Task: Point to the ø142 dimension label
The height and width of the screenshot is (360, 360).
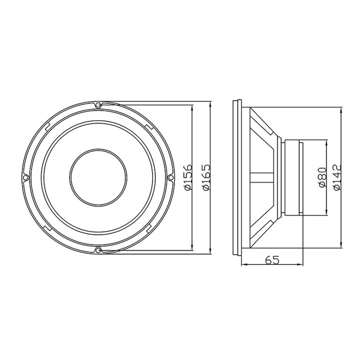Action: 337,177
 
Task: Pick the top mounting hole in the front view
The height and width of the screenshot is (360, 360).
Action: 98,104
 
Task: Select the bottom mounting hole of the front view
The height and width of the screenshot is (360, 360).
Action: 98,249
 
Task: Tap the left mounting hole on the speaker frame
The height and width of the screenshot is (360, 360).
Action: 25,177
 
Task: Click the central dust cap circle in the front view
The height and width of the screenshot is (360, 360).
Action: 98,177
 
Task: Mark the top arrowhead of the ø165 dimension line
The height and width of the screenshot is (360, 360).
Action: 210,106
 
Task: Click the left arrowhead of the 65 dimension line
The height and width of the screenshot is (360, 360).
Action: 243,265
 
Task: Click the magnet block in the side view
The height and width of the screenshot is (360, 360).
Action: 292,177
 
